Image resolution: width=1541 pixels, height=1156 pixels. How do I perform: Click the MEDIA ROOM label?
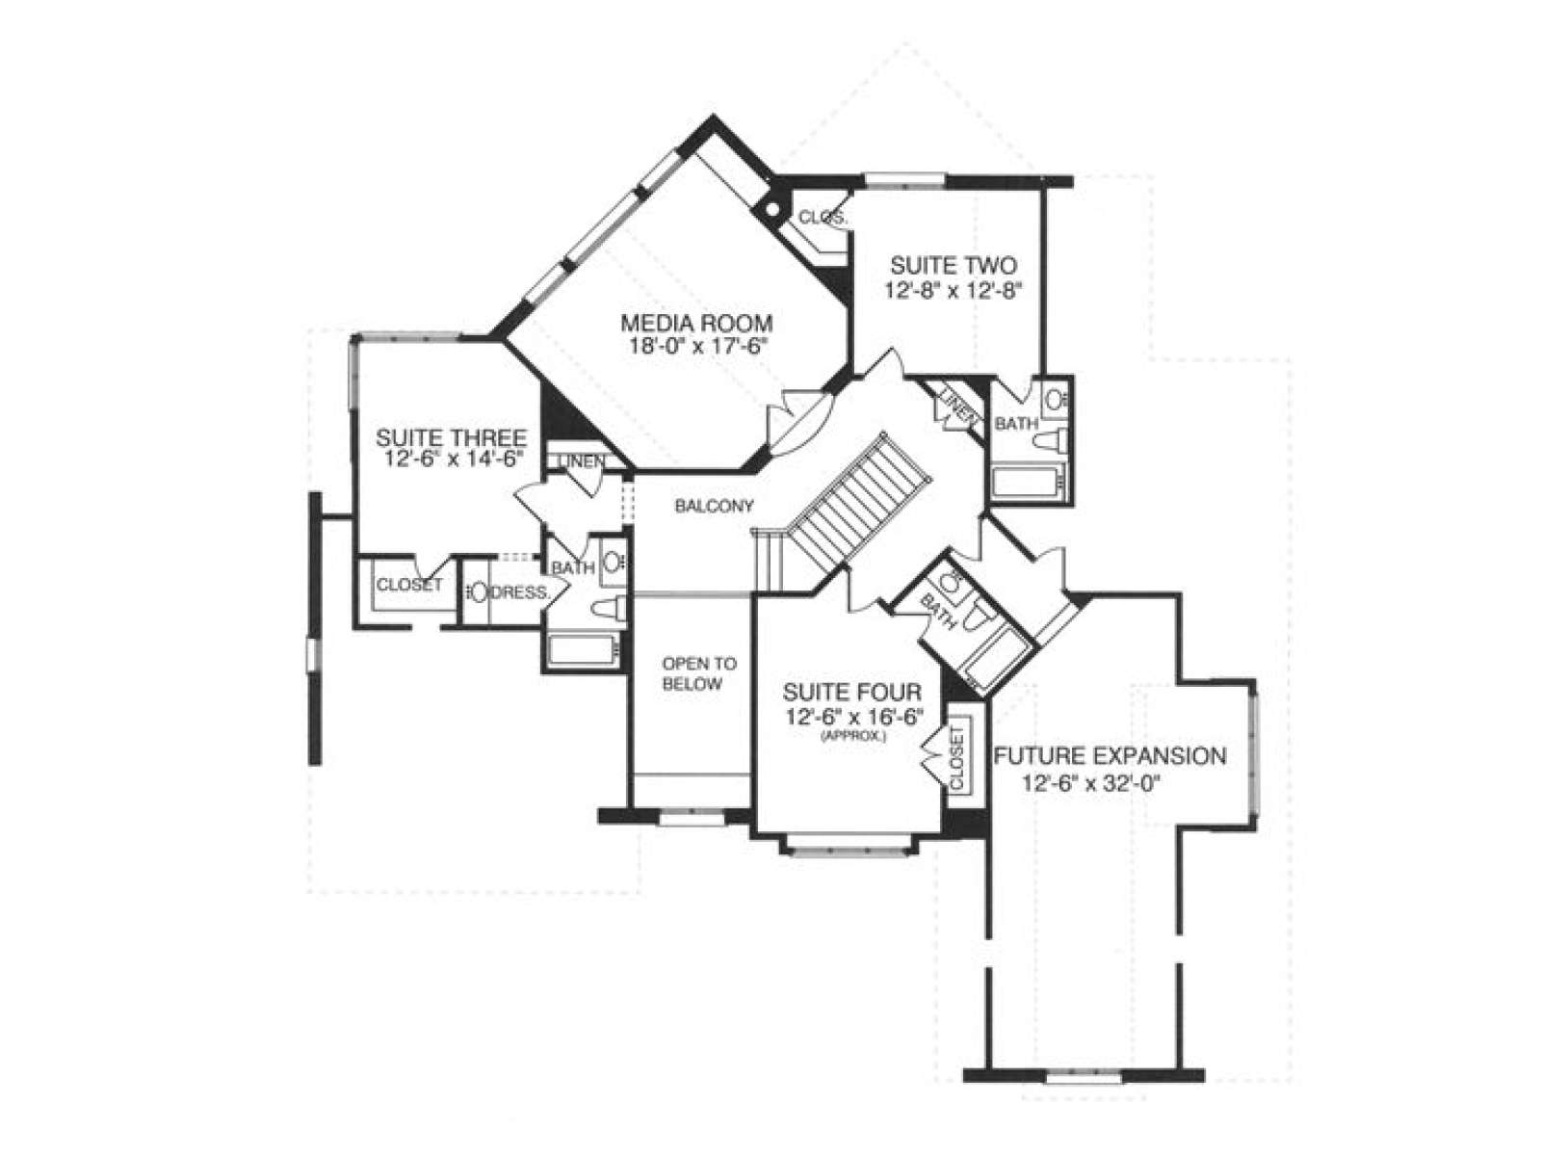(x=695, y=323)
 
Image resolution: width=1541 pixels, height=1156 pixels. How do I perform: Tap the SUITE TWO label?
(x=953, y=266)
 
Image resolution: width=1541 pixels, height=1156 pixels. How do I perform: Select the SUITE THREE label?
(x=452, y=438)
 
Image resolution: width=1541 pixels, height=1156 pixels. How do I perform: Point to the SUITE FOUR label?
(x=850, y=693)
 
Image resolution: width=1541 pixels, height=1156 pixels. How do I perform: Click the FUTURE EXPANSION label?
(x=1110, y=756)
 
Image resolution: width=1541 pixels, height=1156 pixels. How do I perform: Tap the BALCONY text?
(x=714, y=506)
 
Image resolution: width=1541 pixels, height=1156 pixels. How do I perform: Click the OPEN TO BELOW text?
(x=699, y=673)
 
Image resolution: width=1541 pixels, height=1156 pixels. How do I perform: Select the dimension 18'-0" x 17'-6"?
(x=695, y=346)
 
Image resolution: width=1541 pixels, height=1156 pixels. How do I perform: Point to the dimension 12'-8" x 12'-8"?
(x=952, y=290)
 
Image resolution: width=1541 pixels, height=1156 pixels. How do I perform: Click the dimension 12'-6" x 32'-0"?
(x=1089, y=782)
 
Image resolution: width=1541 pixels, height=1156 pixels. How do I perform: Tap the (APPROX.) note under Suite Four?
(x=851, y=736)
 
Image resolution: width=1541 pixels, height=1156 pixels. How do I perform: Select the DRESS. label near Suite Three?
(x=519, y=592)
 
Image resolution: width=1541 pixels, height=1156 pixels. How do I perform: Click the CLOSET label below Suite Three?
(x=409, y=584)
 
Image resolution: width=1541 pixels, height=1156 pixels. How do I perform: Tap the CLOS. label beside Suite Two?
(x=823, y=217)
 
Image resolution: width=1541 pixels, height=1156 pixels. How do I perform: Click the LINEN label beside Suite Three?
(x=582, y=461)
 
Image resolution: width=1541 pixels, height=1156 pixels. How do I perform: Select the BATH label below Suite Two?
(x=1016, y=423)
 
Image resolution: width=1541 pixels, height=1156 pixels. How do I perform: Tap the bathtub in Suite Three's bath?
(x=584, y=650)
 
